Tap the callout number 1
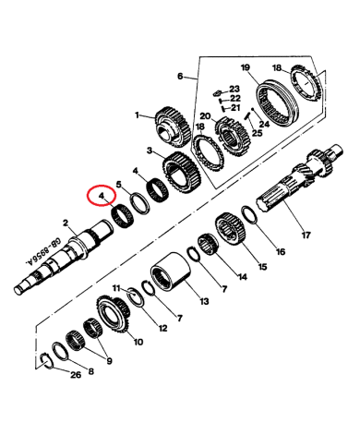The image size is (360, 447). (136, 115)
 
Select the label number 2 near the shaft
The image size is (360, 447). (66, 223)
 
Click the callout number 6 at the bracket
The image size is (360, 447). (182, 79)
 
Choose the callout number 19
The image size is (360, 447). (246, 68)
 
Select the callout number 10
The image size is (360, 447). (139, 341)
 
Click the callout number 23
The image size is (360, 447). (234, 89)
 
